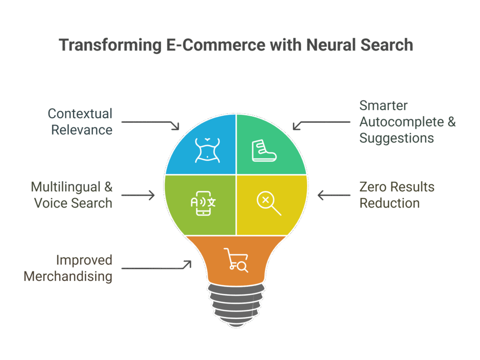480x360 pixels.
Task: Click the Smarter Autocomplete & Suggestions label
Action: (x=407, y=121)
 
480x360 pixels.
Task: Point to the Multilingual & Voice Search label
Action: (x=72, y=195)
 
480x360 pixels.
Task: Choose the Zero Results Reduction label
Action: (x=397, y=195)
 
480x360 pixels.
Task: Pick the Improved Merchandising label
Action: (x=68, y=268)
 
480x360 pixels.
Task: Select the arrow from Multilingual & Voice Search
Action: (x=138, y=195)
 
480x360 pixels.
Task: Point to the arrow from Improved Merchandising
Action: (x=157, y=268)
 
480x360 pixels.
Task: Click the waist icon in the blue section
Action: (x=207, y=150)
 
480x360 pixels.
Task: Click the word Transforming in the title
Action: (x=109, y=45)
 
